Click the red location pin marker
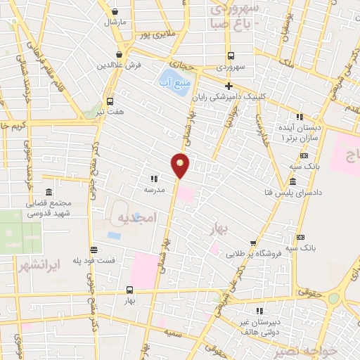[181, 165]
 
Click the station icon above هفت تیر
[110, 101]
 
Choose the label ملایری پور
[154, 33]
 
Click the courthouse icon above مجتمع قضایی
[49, 192]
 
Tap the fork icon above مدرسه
[154, 179]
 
